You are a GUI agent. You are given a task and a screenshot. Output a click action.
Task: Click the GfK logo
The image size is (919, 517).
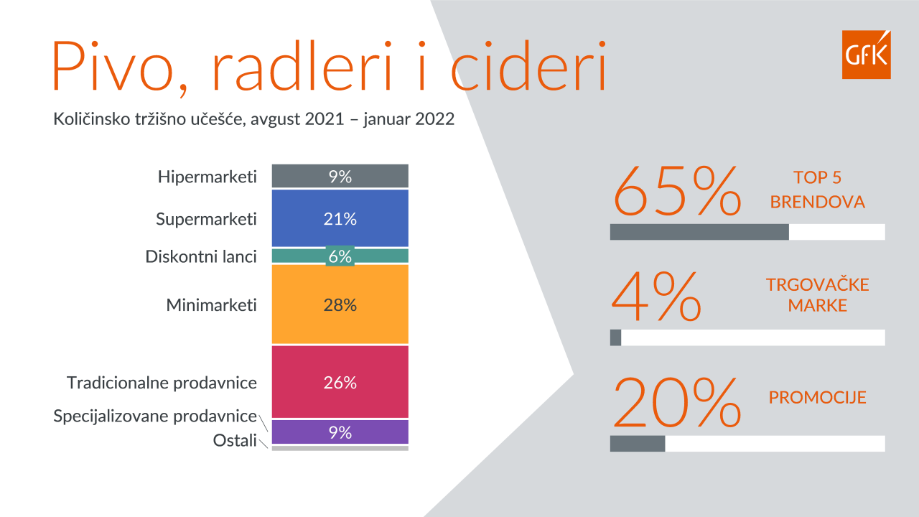[866, 54]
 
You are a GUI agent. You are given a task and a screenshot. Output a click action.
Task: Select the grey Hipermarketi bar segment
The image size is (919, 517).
[340, 176]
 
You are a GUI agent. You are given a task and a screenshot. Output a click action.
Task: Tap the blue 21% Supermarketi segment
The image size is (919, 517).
[340, 218]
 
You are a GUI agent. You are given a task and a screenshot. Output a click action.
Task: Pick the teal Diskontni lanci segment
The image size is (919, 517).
[340, 256]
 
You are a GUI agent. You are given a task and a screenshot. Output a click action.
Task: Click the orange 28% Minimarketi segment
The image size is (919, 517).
[340, 304]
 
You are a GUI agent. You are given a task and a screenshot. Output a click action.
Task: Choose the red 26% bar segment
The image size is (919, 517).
[340, 381]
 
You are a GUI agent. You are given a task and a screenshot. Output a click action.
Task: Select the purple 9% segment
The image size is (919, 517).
[340, 432]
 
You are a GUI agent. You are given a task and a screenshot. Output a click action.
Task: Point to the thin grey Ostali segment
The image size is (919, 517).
[340, 449]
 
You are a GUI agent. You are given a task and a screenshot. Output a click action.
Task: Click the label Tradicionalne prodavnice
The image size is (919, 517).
[162, 383]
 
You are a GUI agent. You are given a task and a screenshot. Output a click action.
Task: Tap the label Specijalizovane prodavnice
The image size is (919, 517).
[155, 416]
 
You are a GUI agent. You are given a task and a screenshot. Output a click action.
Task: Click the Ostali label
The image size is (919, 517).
[235, 440]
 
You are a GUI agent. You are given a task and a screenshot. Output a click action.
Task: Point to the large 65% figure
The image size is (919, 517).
[677, 191]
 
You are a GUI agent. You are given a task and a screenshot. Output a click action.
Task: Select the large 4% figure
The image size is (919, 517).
[656, 297]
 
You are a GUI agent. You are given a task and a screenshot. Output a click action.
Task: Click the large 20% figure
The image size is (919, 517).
[677, 402]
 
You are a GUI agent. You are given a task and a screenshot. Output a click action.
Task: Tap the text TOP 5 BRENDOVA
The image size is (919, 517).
[817, 190]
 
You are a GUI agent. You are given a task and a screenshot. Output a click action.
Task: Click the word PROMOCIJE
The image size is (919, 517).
[817, 397]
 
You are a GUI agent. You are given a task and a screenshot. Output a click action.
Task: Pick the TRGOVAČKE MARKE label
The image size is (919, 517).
[817, 294]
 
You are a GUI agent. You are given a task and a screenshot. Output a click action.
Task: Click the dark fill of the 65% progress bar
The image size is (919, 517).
[699, 232]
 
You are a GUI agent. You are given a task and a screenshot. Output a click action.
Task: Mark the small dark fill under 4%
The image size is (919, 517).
[615, 337]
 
